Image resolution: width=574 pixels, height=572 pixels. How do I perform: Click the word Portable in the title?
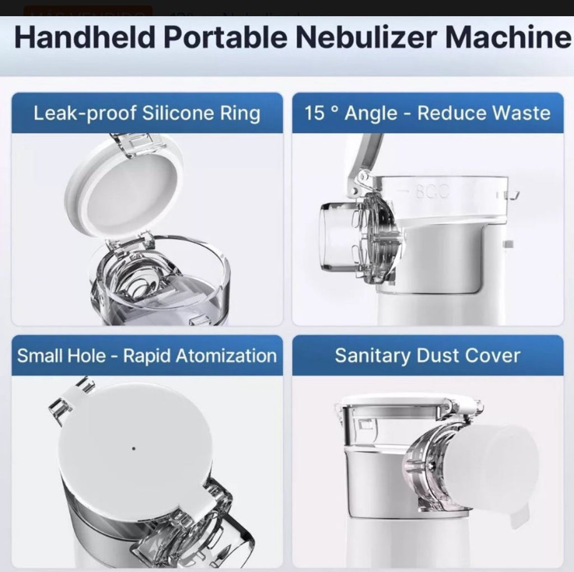221,38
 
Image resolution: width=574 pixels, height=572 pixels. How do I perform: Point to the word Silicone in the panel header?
178,113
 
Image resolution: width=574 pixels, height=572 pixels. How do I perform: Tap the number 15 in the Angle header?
314,113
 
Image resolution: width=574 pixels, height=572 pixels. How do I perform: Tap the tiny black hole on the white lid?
133,448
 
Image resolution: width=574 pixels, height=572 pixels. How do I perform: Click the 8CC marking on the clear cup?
432,191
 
